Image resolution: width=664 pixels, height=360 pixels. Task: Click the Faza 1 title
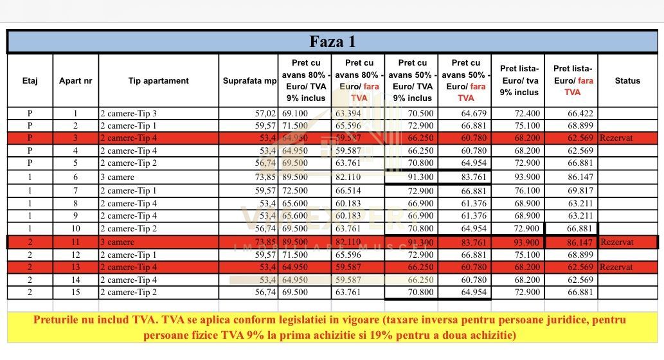tap(332, 42)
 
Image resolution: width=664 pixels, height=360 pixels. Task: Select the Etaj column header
tap(30, 80)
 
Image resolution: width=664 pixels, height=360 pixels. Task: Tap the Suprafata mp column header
tap(249, 81)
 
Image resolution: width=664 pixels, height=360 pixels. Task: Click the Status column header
tap(627, 80)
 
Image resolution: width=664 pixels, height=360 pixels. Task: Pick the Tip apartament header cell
tap(158, 80)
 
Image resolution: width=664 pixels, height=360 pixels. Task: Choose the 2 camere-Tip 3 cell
tap(129, 114)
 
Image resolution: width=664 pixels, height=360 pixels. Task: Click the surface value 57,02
tap(264, 114)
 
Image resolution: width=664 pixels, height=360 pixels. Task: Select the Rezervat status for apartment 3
tap(616, 138)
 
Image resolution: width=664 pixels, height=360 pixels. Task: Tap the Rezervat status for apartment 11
tap(616, 242)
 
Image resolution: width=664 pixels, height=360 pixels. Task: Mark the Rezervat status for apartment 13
tap(616, 267)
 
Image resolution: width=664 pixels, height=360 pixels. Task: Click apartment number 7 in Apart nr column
tap(75, 191)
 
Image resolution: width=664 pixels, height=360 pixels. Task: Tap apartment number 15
tap(75, 292)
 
